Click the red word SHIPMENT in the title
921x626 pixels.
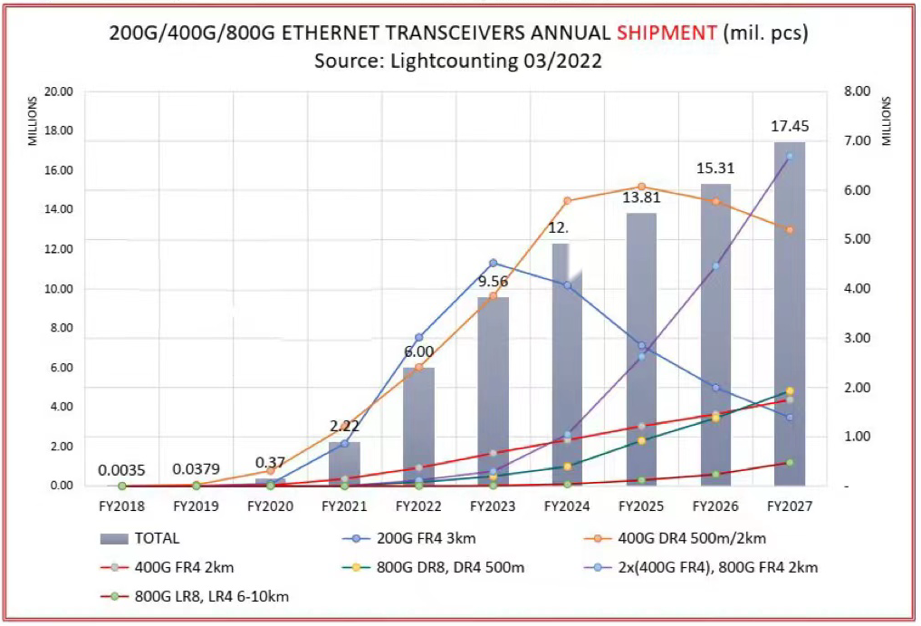[x=666, y=34]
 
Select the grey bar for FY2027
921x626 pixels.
[x=790, y=317]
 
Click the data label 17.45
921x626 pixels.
[x=790, y=126]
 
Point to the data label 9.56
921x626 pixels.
[x=493, y=282]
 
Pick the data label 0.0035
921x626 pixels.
[x=121, y=470]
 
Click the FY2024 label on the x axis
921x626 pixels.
[x=567, y=505]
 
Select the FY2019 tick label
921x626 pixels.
[x=196, y=505]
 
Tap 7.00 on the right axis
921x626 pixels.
[x=857, y=140]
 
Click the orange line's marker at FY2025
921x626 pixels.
[x=641, y=187]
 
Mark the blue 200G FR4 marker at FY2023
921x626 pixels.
[x=493, y=263]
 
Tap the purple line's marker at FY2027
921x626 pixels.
[x=790, y=156]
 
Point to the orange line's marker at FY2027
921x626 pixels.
[x=790, y=230]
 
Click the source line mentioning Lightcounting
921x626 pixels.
[x=458, y=62]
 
